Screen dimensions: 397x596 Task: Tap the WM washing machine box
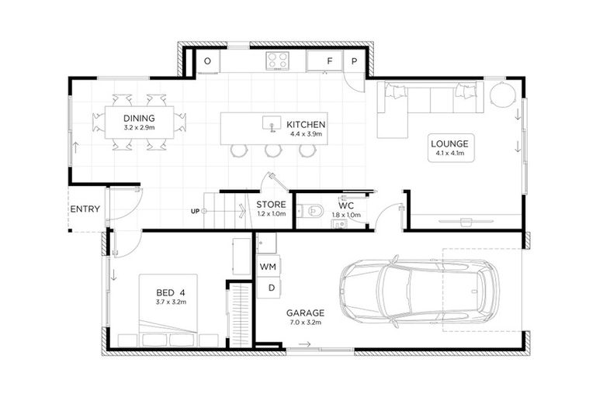click(268, 266)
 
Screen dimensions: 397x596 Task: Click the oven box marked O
click(207, 60)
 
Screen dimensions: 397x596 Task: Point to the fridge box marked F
click(329, 60)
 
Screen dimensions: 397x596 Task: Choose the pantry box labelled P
click(353, 60)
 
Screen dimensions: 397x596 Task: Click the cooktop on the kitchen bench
click(277, 60)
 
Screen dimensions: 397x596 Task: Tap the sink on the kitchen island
click(271, 123)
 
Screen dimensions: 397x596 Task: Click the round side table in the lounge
click(502, 95)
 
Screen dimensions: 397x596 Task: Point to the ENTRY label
click(85, 209)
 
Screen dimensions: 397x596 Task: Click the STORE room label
click(272, 205)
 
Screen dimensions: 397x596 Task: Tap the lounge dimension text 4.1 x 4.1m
click(449, 154)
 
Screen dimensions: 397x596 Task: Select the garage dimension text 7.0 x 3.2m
click(304, 323)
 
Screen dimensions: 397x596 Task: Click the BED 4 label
click(170, 292)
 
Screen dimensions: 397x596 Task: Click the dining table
click(140, 123)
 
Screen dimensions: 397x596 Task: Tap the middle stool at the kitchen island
click(272, 150)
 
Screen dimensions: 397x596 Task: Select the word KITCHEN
click(306, 124)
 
